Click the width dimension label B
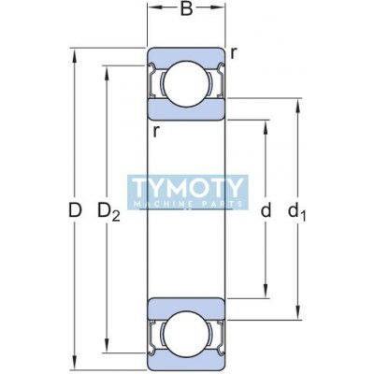[x=186, y=9]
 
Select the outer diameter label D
[x=75, y=210]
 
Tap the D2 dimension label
[x=108, y=211]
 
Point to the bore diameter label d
[x=266, y=210]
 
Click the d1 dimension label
[x=297, y=211]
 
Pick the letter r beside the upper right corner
[x=234, y=53]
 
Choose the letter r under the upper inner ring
[x=156, y=132]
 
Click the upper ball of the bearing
[x=186, y=83]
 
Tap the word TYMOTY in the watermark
[x=188, y=188]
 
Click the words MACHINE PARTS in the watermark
[x=188, y=204]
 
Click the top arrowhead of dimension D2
[x=107, y=73]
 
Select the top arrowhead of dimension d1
[x=298, y=106]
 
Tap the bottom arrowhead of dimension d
[x=266, y=291]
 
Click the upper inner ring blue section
[x=186, y=109]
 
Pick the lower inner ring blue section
[x=186, y=308]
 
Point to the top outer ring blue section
[x=186, y=56]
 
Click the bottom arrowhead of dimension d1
[x=298, y=312]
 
